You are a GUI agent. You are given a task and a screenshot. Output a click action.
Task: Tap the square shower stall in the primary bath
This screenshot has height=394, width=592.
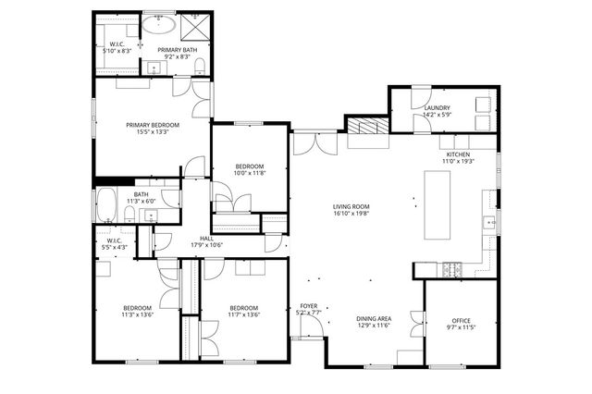196,24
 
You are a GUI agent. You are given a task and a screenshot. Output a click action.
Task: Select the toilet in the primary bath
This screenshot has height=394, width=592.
199,63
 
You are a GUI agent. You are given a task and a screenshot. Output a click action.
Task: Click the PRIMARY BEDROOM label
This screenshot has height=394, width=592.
153,124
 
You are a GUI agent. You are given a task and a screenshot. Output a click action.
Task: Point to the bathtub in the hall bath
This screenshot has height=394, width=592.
107,204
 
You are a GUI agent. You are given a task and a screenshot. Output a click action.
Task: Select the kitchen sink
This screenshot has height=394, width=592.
487,222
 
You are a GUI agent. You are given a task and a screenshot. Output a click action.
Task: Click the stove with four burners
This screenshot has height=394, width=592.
451,269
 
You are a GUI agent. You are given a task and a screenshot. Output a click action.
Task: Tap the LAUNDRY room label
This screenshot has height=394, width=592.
437,108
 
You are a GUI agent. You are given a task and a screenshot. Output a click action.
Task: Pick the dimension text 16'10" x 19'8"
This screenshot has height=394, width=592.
351,214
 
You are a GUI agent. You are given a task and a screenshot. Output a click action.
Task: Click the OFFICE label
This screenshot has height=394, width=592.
460,320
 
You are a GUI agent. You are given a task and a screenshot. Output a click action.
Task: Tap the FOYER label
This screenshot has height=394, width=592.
308,306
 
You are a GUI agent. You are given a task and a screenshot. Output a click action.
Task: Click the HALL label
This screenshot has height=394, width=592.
206,238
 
